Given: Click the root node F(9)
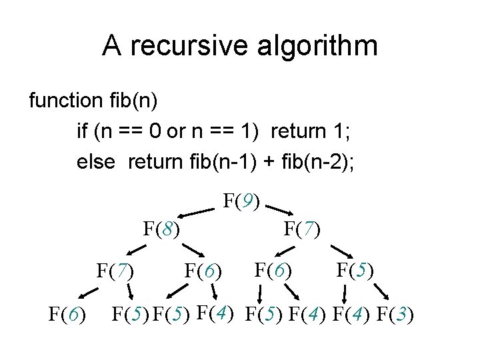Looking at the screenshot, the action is (x=243, y=200).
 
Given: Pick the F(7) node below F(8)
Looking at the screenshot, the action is (x=115, y=271).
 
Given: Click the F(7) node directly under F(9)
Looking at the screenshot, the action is (x=302, y=231).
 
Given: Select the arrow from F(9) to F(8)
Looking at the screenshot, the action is (x=199, y=213).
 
